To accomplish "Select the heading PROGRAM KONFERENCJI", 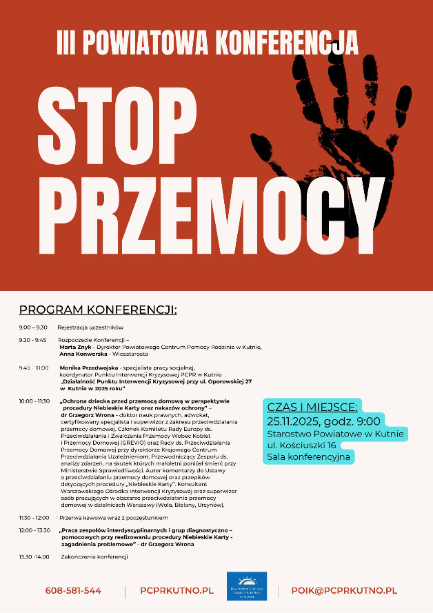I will (98, 310).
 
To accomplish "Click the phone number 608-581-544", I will (73, 590).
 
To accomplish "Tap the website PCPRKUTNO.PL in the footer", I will (177, 590).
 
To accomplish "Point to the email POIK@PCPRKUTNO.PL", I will (344, 590).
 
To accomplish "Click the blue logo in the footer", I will (246, 587).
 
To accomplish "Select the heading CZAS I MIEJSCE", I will (312, 407).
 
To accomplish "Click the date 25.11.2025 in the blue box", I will (289, 420).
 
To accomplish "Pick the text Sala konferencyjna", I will (309, 456).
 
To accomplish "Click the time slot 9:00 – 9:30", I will (33, 327).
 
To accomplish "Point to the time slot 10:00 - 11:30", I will (34, 400).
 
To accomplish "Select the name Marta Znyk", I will (74, 347).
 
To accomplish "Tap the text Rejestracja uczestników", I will (90, 327).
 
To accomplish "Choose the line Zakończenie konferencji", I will (94, 556).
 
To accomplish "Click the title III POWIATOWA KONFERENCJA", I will (208, 43).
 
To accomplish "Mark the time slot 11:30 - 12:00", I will (34, 516).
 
